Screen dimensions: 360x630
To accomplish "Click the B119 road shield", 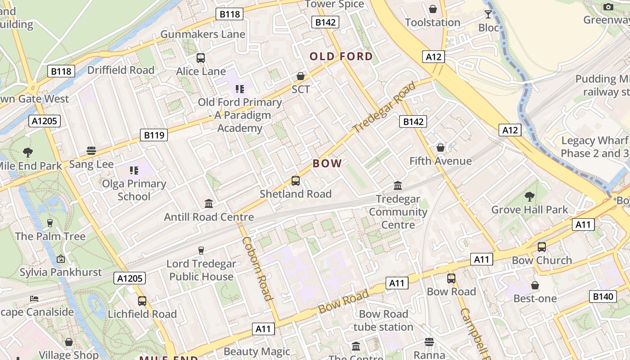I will coord(153,135).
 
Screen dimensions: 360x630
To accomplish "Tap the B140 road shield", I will coord(603,296).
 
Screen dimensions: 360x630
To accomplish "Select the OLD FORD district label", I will coord(341,56).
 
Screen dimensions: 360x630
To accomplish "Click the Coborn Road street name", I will coord(257,268).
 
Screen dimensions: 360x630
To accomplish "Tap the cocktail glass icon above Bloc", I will coord(488,14).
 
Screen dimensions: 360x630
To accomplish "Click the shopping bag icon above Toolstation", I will coord(433,9).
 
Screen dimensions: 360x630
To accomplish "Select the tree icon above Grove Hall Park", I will coord(529,196).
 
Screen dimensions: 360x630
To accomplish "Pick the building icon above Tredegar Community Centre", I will coord(398,185).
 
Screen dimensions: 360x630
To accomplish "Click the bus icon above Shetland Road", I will coord(296,181).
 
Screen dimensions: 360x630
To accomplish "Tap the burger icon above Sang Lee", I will coord(91,151).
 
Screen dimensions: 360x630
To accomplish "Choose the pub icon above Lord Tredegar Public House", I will coord(201,251).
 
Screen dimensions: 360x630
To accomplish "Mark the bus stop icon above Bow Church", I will coord(542,247).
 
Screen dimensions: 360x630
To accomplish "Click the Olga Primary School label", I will coord(134,190).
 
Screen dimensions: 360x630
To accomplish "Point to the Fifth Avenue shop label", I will coord(440,161).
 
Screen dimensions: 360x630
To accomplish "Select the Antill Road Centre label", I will coord(209,217).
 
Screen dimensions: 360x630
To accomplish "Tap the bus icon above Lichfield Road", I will coord(142,301).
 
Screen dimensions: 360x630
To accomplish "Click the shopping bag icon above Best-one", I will coord(535,285).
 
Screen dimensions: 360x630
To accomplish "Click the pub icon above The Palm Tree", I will coord(50,223).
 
